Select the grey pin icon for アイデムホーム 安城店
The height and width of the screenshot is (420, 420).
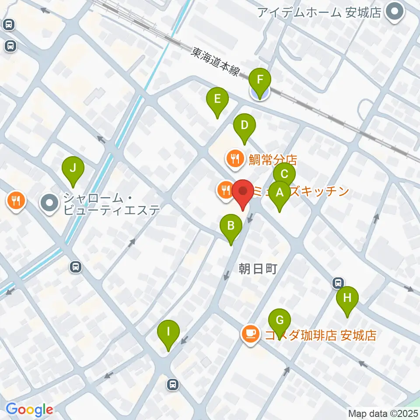point(395,12)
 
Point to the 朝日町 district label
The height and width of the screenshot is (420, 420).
point(258,269)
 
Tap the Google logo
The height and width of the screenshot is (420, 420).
point(29,409)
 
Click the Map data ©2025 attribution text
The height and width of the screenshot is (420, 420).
point(382,413)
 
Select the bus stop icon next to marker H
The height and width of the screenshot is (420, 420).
point(338,283)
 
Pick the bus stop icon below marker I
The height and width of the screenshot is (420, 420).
point(173,385)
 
